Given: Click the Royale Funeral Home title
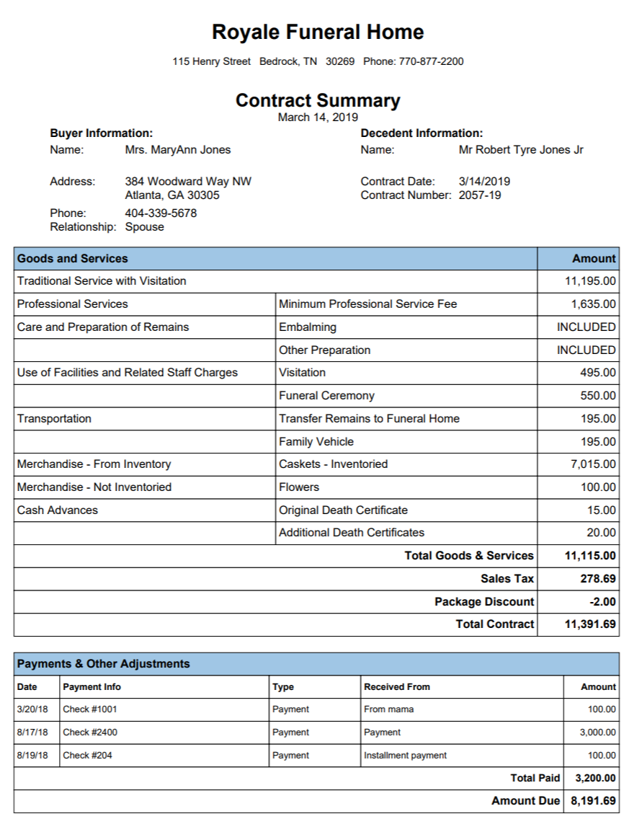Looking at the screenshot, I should point(318,32).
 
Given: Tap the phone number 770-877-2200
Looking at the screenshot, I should point(431,62).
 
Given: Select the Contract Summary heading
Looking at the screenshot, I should point(318,100).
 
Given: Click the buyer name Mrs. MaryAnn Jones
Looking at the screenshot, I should point(177,150).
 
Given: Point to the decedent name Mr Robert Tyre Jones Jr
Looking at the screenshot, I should point(521,150).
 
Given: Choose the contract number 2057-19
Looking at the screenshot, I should point(479,195).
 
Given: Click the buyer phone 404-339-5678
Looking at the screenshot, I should point(161,213).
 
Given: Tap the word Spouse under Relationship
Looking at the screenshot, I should point(144,227).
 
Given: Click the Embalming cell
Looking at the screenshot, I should point(308,327).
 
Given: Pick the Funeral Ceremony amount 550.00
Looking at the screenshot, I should point(598,396).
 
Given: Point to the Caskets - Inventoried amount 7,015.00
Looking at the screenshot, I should point(593,464).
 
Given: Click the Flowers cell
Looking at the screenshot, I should point(299,487).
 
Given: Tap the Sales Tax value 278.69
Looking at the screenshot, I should point(598,579).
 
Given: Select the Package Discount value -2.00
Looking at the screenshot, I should point(602,602).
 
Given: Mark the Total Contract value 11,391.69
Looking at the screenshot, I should point(590,624).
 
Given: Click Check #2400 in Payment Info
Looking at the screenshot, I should point(90,733).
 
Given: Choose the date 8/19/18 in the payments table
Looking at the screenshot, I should point(32,756).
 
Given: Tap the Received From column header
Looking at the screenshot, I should point(397,687).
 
